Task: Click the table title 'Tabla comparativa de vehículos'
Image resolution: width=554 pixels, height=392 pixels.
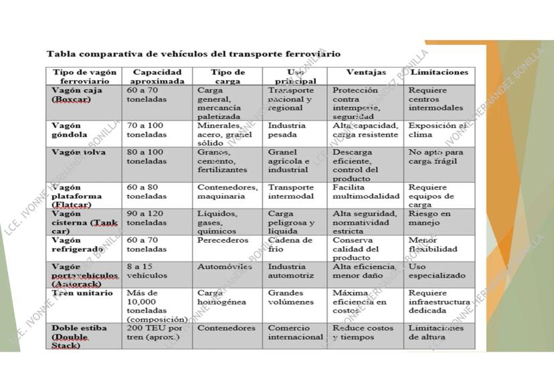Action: pos(193,54)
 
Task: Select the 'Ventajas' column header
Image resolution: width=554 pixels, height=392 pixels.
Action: pos(365,72)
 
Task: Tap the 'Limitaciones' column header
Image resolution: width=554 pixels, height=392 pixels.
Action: pos(439,72)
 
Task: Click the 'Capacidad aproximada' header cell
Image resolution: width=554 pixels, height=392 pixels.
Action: pos(157,76)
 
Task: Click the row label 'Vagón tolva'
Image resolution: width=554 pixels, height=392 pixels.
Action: pos(78,153)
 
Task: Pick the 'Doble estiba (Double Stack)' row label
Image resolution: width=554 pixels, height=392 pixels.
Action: pos(79,336)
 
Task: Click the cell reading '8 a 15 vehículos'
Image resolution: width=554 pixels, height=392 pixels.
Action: pos(147,270)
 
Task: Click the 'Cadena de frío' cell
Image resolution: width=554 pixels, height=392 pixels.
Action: pos(290,244)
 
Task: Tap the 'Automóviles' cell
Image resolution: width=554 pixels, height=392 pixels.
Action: pos(224,266)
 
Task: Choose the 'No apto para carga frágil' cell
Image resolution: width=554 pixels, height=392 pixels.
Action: pos(436,157)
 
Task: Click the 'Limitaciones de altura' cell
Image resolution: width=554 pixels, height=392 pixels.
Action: pos(436,332)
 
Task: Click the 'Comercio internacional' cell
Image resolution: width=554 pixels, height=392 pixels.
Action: pos(295,332)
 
